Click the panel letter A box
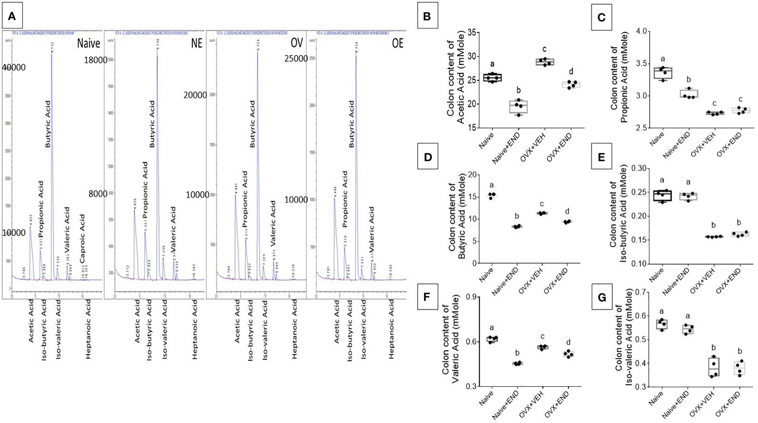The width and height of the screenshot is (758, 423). [12, 16]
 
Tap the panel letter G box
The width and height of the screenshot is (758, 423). [602, 298]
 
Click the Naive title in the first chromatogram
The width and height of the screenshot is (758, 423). [88, 43]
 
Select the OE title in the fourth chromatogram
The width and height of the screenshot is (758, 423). [397, 43]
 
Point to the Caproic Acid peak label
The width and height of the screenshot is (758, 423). [82, 238]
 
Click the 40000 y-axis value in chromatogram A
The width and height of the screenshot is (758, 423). [14, 67]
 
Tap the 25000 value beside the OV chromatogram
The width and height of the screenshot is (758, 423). [296, 59]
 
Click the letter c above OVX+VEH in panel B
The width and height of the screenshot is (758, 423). [544, 49]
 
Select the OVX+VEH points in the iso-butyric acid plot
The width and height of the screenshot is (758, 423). [713, 237]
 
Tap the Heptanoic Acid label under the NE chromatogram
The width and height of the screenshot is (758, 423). [195, 329]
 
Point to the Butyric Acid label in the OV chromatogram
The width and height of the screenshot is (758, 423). [252, 124]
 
